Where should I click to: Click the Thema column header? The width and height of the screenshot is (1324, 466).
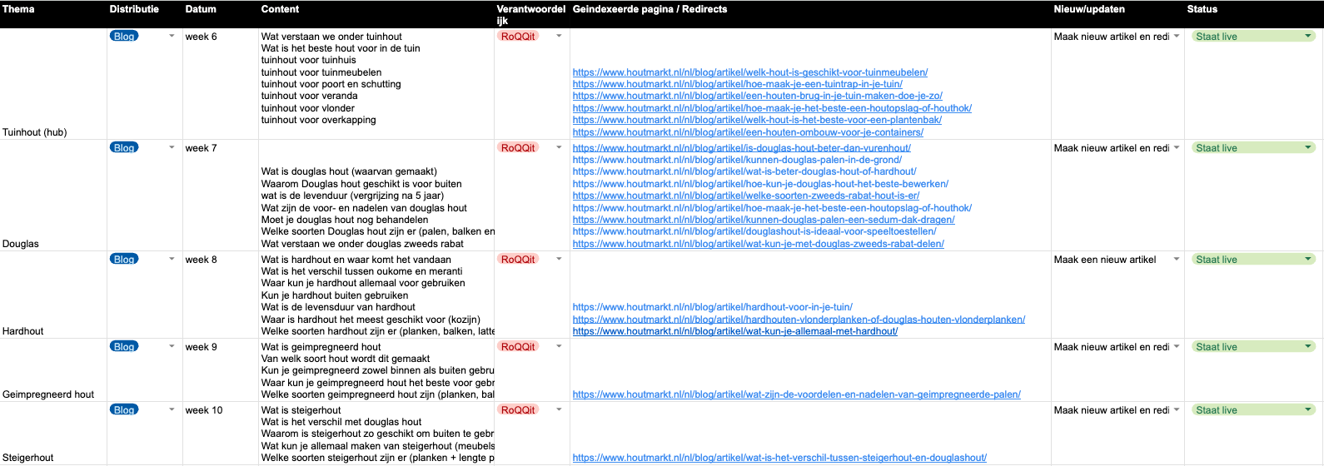point(18,9)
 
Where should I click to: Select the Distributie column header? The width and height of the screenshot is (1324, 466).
point(134,9)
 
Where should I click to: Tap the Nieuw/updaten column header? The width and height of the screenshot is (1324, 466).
point(1089,9)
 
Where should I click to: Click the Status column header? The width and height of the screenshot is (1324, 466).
point(1202,9)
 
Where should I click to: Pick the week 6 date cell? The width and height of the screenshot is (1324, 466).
point(201,37)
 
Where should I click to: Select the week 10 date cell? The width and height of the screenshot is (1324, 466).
point(204,410)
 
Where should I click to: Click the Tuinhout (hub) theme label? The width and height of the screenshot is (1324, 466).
point(35,132)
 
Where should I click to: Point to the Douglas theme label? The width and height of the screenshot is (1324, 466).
point(21,244)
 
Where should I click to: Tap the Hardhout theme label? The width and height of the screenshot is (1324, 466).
point(23,331)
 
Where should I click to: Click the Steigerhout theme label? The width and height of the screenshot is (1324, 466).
point(28,458)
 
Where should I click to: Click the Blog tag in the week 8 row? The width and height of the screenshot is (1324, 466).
point(124,260)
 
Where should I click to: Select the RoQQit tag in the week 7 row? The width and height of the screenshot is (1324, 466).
point(518,148)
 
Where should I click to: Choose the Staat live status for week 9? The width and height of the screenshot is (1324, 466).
point(1217,347)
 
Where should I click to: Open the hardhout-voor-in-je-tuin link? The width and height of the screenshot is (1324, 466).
point(712,307)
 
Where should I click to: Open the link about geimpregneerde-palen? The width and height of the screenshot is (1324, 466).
point(796,394)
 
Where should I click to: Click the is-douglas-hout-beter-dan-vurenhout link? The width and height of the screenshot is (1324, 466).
point(741,148)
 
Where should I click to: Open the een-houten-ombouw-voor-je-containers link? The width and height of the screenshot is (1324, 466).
point(748,132)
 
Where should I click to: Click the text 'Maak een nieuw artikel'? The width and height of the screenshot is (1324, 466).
point(1105,260)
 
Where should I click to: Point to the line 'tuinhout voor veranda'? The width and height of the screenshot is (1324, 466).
point(309,96)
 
